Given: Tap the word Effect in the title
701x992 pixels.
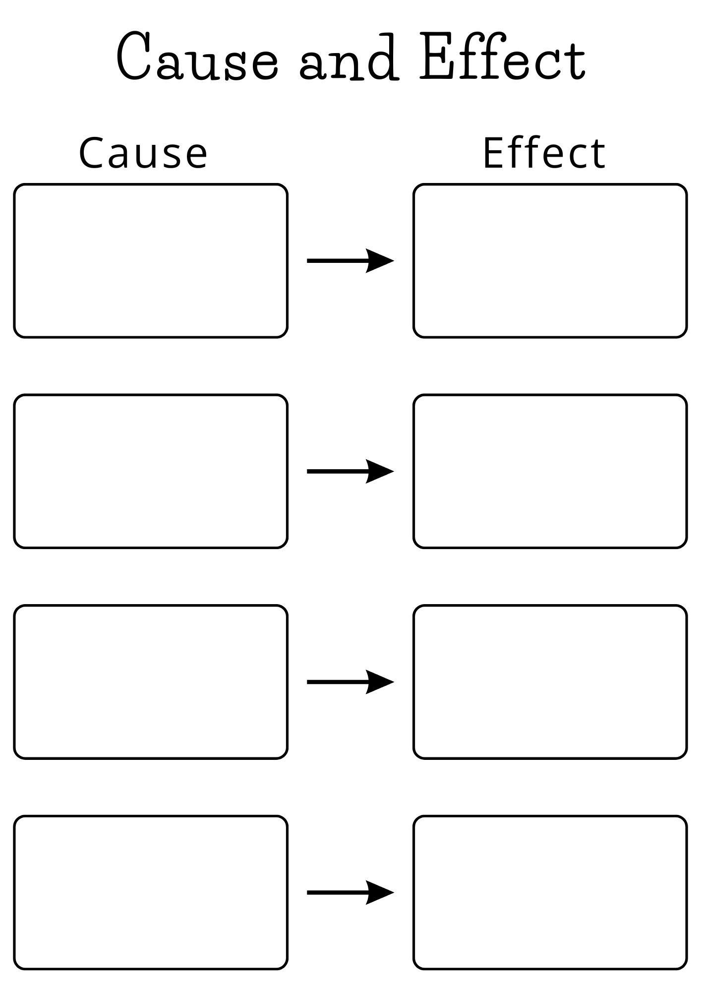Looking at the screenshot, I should coord(503,57).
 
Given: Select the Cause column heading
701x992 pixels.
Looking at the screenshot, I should coord(143,153).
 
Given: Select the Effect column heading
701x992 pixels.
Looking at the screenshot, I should coord(544,153).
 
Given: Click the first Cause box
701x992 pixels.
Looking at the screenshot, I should coord(151,261).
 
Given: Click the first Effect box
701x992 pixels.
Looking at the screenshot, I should coord(550,261).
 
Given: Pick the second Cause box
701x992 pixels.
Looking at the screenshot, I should coord(151,471).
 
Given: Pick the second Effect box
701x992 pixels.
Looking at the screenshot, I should coord(550,471).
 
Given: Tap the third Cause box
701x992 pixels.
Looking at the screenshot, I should coord(151,682).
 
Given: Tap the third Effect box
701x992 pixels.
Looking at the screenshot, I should coord(550,682).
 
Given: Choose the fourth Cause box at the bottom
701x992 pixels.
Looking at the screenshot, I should coord(151,893).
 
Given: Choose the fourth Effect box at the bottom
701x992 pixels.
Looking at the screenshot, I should coord(550,893).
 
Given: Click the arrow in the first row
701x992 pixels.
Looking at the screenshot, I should coord(350,261).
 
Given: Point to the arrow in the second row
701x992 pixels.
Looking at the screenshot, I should coord(350,471).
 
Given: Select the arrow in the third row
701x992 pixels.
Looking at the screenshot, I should coord(350,682).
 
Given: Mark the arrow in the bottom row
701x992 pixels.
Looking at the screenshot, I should coord(350,893).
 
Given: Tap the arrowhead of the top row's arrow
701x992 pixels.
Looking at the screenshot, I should coord(379,261).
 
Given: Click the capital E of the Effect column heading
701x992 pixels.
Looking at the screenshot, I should coord(493,153).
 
